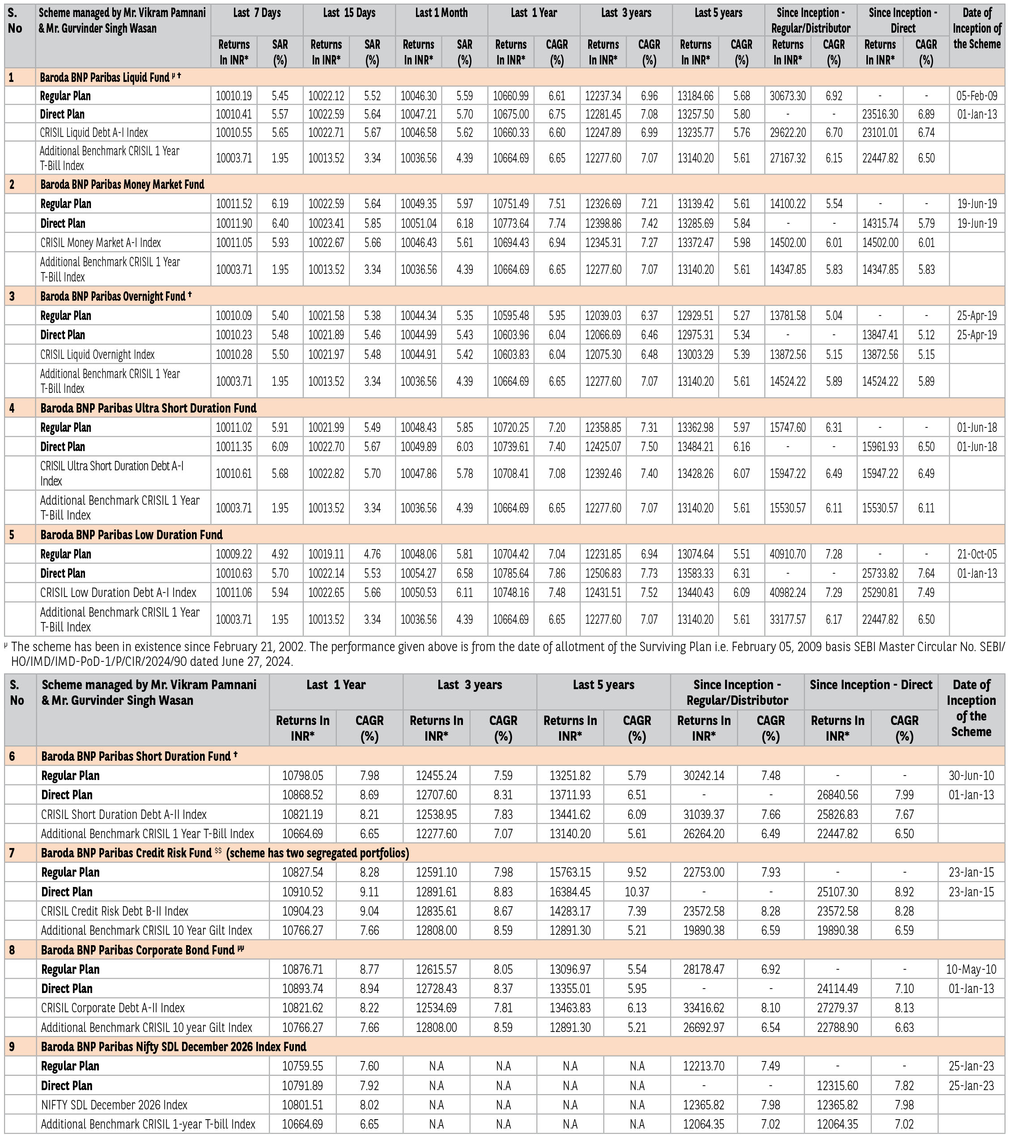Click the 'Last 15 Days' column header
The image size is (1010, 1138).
(x=349, y=13)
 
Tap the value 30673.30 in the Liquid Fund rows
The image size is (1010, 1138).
(x=787, y=96)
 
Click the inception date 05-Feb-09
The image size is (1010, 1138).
(x=976, y=96)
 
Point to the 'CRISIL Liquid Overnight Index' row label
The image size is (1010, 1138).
(x=98, y=355)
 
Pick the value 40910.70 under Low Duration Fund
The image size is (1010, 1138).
(x=787, y=554)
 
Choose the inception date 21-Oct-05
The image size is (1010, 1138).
(x=976, y=554)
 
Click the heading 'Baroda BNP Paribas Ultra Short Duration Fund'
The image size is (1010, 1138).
(x=149, y=409)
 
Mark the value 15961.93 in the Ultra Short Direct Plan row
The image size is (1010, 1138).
(x=880, y=447)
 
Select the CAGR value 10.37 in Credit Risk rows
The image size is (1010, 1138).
(x=637, y=892)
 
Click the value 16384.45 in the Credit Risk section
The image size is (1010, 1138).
(x=570, y=892)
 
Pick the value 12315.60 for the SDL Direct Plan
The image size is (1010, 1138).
(x=837, y=1086)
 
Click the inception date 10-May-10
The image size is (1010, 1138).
(x=971, y=969)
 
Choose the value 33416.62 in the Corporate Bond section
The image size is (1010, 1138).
(x=704, y=1008)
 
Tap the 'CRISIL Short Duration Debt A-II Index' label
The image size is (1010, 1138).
(x=123, y=815)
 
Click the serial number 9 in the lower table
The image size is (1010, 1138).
(x=12, y=1047)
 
